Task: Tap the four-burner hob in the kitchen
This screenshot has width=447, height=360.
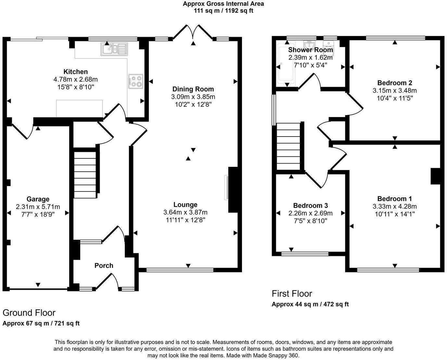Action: click(x=136, y=81)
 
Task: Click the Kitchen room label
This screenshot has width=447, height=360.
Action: click(x=75, y=72)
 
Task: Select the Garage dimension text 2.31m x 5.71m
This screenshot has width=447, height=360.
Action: click(x=38, y=207)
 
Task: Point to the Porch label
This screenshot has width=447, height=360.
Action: click(x=104, y=265)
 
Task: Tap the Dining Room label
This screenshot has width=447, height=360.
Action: click(x=193, y=89)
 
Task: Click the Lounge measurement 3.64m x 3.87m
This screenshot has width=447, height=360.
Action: click(x=185, y=212)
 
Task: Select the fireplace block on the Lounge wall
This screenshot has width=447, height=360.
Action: click(x=233, y=190)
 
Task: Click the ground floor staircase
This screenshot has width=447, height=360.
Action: click(x=85, y=174)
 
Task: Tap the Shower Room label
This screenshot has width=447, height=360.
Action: click(x=310, y=50)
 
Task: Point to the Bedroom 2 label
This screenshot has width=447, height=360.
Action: click(x=395, y=83)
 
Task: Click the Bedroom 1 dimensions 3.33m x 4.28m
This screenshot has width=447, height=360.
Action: click(x=394, y=207)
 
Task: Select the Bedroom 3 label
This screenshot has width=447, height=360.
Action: click(x=310, y=206)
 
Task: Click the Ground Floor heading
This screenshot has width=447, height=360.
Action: click(x=29, y=313)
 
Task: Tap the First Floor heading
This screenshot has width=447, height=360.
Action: click(x=292, y=294)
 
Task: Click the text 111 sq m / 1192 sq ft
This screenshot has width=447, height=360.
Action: click(x=223, y=11)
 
